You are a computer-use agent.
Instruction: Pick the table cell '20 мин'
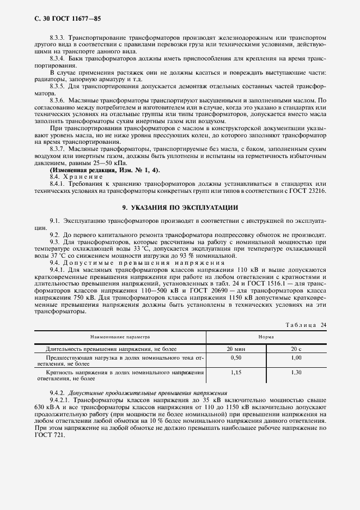point(236,348)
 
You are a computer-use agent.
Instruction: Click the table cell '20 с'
point(296,348)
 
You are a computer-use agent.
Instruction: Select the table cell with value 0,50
point(236,358)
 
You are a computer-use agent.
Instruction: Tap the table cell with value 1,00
point(296,358)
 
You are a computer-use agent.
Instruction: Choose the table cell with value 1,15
point(236,372)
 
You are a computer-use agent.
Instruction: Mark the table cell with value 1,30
point(296,372)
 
